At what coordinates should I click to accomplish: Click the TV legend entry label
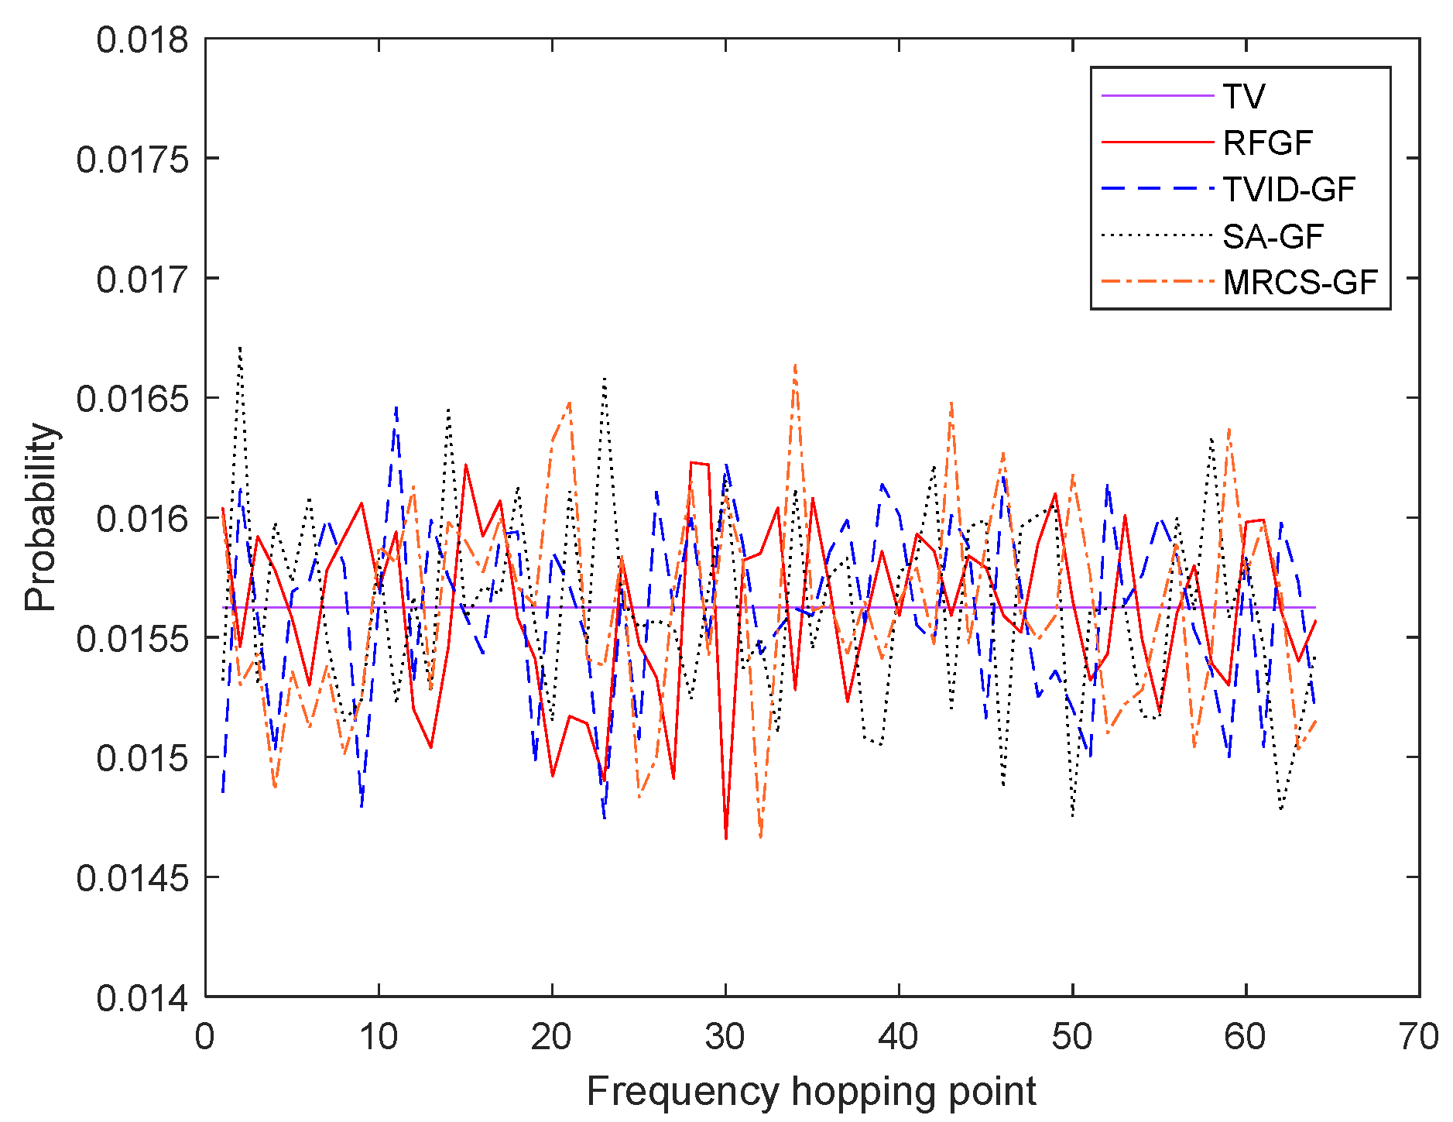(x=1243, y=97)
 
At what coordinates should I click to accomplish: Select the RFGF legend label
(x=1268, y=143)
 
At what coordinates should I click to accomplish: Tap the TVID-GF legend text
(x=1289, y=190)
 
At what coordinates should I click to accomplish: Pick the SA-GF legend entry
(x=1273, y=237)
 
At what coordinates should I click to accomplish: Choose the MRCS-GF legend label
(x=1300, y=283)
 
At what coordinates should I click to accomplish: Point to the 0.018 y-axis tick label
(x=142, y=39)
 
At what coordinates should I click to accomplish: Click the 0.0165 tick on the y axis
(x=132, y=399)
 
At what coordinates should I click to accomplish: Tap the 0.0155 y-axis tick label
(x=132, y=639)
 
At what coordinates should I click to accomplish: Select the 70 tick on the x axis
(x=1419, y=1036)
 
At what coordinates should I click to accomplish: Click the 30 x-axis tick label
(x=725, y=1036)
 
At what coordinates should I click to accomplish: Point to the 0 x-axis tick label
(x=205, y=1036)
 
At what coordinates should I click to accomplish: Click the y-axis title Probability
(x=40, y=517)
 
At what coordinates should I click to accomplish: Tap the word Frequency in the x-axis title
(x=683, y=1093)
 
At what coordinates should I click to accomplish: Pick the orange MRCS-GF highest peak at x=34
(x=795, y=364)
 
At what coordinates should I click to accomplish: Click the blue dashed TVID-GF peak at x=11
(x=396, y=407)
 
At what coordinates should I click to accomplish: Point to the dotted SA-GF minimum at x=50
(x=1073, y=815)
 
